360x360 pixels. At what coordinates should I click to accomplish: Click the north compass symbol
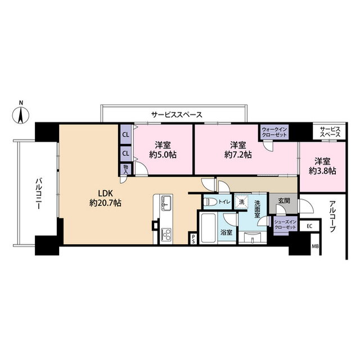point(21,114)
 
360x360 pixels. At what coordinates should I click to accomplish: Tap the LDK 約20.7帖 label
point(105,199)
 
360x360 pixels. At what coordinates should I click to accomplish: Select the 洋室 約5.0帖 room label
point(163,150)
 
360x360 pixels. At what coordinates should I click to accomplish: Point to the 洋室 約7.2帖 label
point(238,150)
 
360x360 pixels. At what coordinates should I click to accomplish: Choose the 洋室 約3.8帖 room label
point(322,166)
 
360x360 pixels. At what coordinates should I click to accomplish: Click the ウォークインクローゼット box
point(274,132)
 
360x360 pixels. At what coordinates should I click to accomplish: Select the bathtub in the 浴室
point(208,228)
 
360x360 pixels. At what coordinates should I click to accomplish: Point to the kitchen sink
point(166,202)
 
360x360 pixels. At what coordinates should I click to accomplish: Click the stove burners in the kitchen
point(166,234)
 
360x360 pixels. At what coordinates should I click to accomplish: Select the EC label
point(309,226)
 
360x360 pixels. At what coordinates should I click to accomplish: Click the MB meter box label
point(315,247)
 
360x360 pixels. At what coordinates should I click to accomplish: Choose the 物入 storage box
point(126,169)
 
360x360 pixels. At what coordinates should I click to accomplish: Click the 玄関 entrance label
point(284,201)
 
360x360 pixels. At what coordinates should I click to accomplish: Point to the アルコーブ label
point(332,216)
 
